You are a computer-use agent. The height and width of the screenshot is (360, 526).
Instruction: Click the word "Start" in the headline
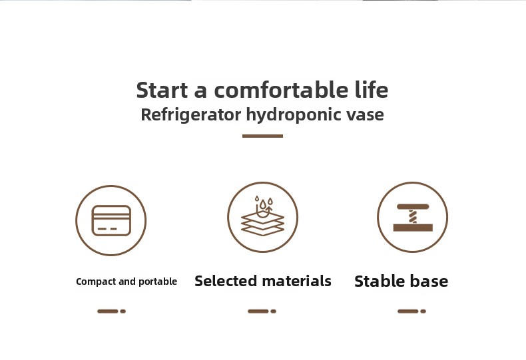[x=162, y=90]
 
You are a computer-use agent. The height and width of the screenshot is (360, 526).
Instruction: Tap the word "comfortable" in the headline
[x=281, y=90]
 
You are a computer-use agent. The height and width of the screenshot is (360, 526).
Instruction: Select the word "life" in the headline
[x=372, y=89]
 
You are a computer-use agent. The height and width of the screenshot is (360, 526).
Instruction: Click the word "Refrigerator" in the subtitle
[x=191, y=115]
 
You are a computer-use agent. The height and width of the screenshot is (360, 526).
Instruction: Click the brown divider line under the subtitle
[x=262, y=136]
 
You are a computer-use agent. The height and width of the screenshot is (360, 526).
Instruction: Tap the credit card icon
[x=111, y=220]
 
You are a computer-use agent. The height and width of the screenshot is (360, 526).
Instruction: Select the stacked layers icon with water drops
[x=262, y=216]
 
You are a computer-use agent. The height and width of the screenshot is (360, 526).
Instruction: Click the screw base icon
[x=413, y=217]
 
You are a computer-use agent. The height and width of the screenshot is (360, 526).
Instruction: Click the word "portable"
[x=158, y=281]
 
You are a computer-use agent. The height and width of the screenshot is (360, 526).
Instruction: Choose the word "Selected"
[x=226, y=281]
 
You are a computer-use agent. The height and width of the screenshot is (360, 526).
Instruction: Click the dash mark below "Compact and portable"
[x=111, y=311]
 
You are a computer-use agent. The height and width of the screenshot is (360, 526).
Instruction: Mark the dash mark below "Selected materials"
[x=262, y=311]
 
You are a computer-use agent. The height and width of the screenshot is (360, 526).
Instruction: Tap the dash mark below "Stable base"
[x=411, y=311]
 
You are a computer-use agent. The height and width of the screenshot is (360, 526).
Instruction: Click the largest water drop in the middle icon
[x=262, y=204]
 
